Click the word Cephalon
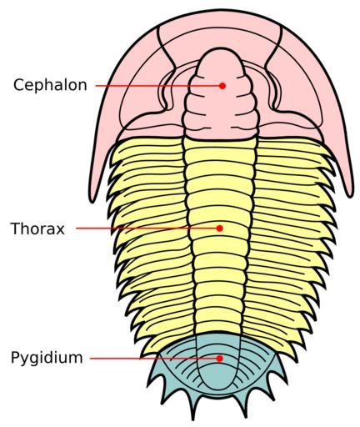tap(50, 85)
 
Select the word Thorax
tap(37, 229)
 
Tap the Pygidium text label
tap(47, 358)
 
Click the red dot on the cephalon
tap(222, 86)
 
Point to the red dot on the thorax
tap(220, 229)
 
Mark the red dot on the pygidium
tap(220, 359)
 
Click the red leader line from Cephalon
tap(157, 86)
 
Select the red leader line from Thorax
tap(147, 229)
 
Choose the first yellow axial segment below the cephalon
tap(219, 143)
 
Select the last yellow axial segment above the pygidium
tap(219, 327)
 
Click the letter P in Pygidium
tap(16, 357)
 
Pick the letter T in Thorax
tap(16, 229)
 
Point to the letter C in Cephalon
tap(19, 85)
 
